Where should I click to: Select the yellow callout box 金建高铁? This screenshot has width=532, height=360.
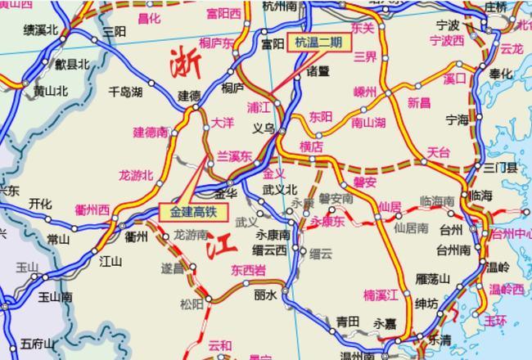(195, 211)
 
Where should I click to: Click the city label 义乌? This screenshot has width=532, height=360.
(264, 128)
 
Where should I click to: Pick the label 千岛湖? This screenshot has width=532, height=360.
(125, 92)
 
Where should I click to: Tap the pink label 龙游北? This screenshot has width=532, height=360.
(136, 174)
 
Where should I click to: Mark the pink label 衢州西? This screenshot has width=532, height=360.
(92, 209)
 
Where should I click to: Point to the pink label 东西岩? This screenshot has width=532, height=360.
(248, 269)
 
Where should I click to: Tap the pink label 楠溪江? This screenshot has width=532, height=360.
(381, 294)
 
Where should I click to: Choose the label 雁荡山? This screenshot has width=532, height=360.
(433, 279)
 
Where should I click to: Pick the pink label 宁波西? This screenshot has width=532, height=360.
(446, 40)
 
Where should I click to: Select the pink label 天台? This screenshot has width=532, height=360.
(439, 153)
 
